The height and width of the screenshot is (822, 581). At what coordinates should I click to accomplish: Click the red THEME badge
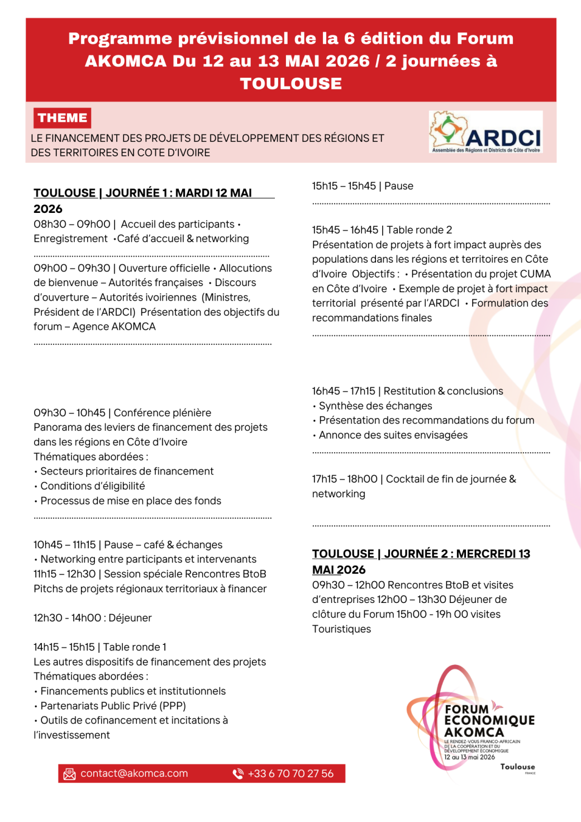pyautogui.click(x=62, y=118)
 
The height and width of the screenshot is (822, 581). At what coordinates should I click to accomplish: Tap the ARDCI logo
pyautogui.click(x=485, y=132)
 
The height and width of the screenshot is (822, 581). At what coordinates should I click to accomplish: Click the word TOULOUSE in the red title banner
pyautogui.click(x=290, y=83)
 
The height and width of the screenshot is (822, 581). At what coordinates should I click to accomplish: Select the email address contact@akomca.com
pyautogui.click(x=134, y=773)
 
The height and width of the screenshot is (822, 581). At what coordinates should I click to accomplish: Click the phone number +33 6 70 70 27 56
pyautogui.click(x=290, y=773)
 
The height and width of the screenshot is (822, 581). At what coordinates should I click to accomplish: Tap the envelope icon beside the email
pyautogui.click(x=69, y=774)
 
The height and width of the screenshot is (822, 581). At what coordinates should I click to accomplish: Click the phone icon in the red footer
pyautogui.click(x=238, y=774)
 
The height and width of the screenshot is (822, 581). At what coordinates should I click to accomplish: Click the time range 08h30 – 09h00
pyautogui.click(x=72, y=224)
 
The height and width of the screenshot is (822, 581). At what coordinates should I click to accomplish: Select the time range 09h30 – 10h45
pyautogui.click(x=69, y=413)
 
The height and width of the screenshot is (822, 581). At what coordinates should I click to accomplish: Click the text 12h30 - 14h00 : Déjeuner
pyautogui.click(x=93, y=618)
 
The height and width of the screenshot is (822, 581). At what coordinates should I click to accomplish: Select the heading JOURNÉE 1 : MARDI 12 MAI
pyautogui.click(x=179, y=193)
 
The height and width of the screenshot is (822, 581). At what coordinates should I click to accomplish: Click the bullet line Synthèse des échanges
pyautogui.click(x=375, y=406)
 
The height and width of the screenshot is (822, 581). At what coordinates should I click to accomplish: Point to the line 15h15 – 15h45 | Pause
pyautogui.click(x=363, y=186)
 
